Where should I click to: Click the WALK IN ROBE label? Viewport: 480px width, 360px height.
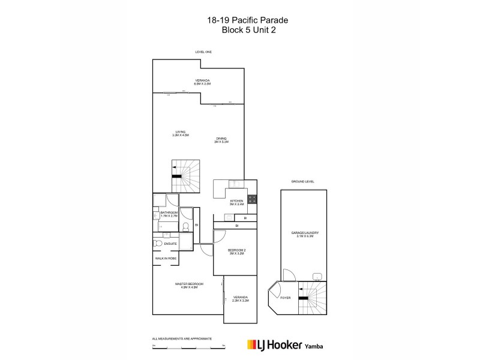[166, 258]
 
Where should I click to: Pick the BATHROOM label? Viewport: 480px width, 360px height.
[169, 213]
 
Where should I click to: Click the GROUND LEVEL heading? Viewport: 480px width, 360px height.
[302, 181]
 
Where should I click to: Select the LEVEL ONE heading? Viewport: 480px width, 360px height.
[203, 52]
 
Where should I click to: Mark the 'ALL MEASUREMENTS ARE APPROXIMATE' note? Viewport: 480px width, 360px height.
[182, 338]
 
